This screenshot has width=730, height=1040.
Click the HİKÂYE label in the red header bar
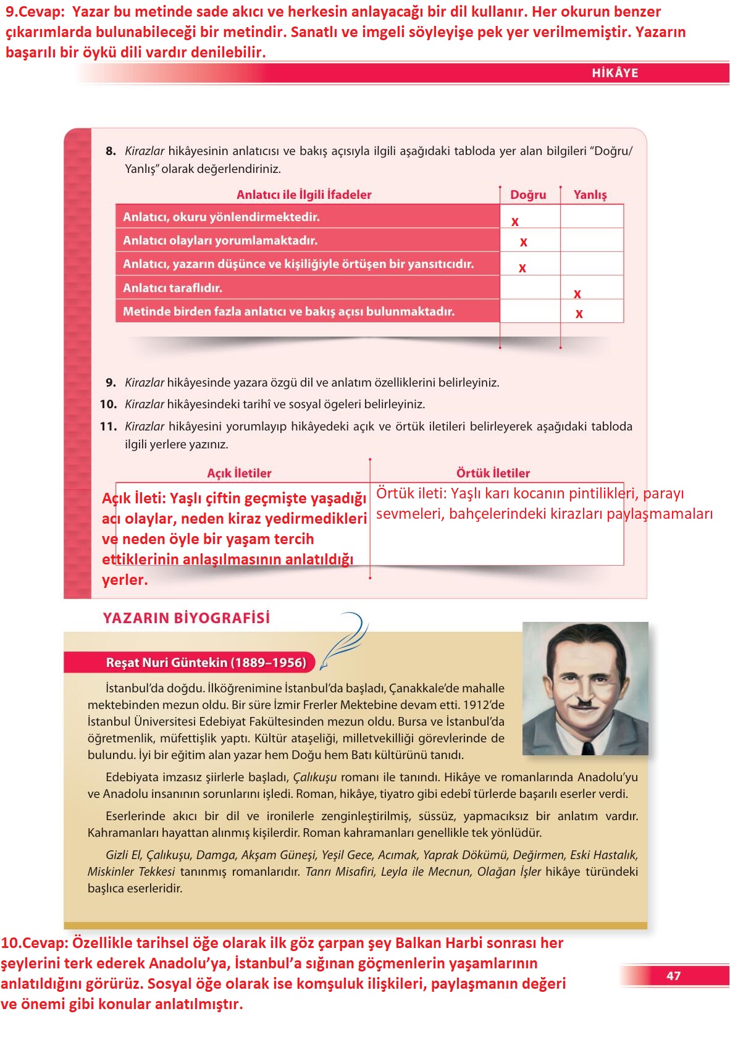(615, 73)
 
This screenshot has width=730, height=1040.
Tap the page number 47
(673, 976)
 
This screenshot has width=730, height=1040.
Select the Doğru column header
(528, 195)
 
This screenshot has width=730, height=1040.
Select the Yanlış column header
(590, 195)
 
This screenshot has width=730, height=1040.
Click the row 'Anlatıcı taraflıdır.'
(307, 288)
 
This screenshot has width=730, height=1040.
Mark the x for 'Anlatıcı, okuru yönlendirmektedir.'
(515, 222)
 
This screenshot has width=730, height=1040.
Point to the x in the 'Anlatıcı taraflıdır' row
(577, 294)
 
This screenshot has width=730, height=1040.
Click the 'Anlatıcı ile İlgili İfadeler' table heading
(304, 195)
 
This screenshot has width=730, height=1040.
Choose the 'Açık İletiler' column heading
(239, 473)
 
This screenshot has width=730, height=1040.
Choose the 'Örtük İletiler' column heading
(493, 473)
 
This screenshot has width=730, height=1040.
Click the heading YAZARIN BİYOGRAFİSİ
(187, 618)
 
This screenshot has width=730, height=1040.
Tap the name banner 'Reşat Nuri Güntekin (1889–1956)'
(206, 663)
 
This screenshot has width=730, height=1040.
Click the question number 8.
(111, 151)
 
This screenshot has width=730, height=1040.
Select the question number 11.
(108, 426)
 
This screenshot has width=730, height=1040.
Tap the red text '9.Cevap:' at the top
(35, 12)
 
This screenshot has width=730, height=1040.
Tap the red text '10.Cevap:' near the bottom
(35, 943)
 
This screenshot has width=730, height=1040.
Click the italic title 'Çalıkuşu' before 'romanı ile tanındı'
(315, 777)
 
